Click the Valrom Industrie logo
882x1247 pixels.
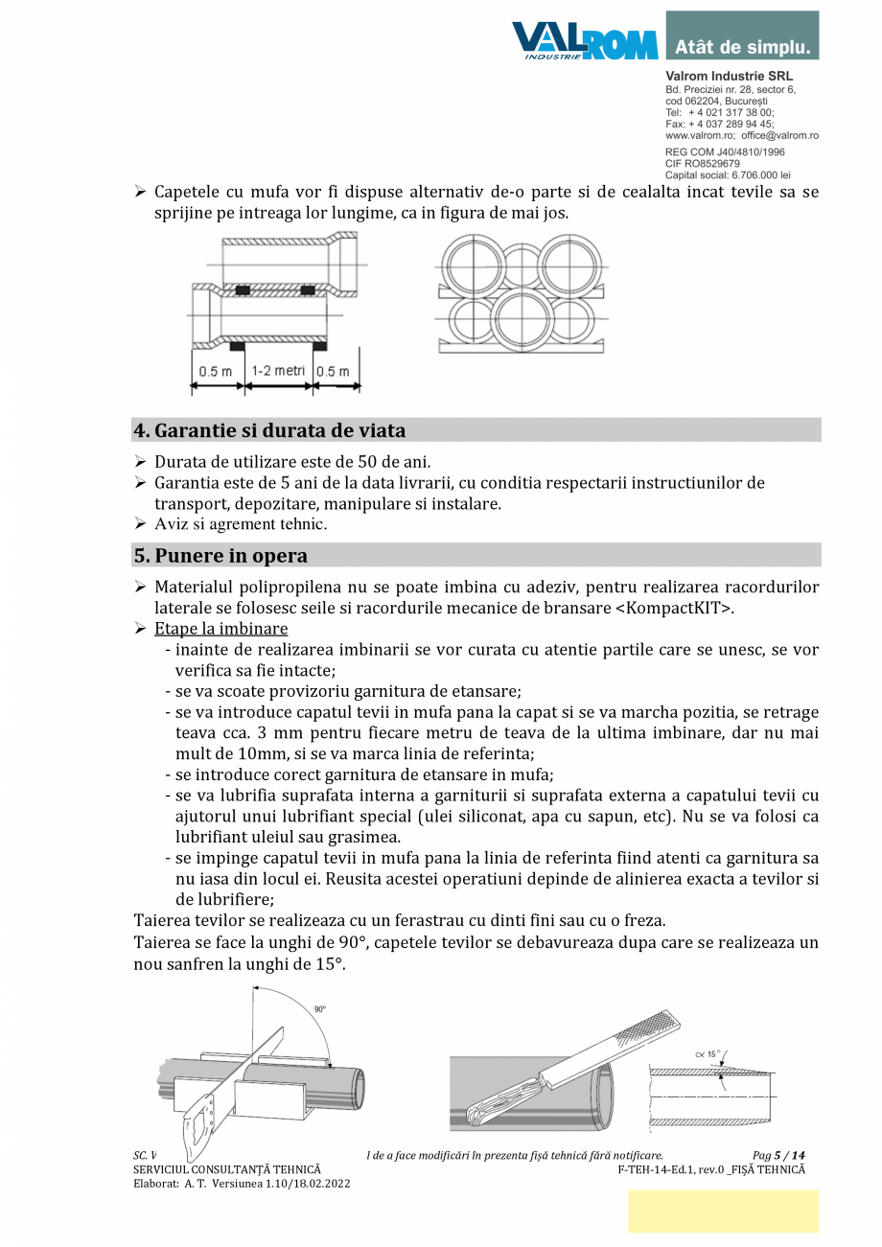click(585, 41)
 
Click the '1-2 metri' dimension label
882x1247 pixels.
click(278, 371)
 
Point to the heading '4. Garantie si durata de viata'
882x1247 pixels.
click(269, 429)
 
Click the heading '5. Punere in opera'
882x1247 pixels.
click(221, 556)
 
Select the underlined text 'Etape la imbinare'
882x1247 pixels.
click(220, 629)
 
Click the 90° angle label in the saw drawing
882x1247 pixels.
click(319, 1009)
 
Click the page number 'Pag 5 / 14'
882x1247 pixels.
click(778, 1156)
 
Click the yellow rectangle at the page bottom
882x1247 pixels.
click(723, 1211)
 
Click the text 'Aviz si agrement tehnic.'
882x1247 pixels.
click(241, 523)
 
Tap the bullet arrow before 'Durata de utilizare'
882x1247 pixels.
click(140, 462)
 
